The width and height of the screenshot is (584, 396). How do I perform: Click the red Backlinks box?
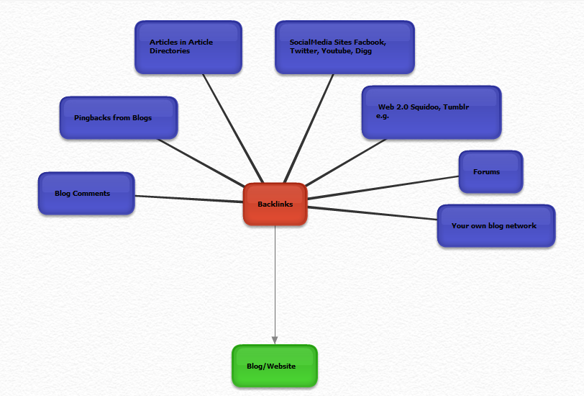click(x=275, y=204)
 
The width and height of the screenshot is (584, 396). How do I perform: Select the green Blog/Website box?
click(x=275, y=366)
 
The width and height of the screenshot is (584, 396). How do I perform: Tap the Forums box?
click(x=491, y=172)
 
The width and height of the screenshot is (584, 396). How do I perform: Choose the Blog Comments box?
click(x=86, y=193)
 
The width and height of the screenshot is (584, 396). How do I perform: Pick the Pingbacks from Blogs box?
click(x=119, y=118)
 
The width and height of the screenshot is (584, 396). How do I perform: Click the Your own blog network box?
click(x=496, y=225)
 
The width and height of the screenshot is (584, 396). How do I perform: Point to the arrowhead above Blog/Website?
click(x=275, y=340)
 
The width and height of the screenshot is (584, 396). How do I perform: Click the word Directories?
click(x=170, y=51)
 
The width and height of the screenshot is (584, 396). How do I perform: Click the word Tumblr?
click(x=456, y=107)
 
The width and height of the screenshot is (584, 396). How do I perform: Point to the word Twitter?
click(x=305, y=51)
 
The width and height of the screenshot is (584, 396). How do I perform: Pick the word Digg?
click(x=363, y=51)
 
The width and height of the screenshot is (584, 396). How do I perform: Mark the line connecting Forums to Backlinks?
click(x=383, y=187)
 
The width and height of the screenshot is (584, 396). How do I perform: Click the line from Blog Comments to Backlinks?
click(x=189, y=199)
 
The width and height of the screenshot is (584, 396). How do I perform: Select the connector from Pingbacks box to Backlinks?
click(x=201, y=163)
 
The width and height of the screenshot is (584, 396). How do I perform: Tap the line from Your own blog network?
click(x=373, y=213)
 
